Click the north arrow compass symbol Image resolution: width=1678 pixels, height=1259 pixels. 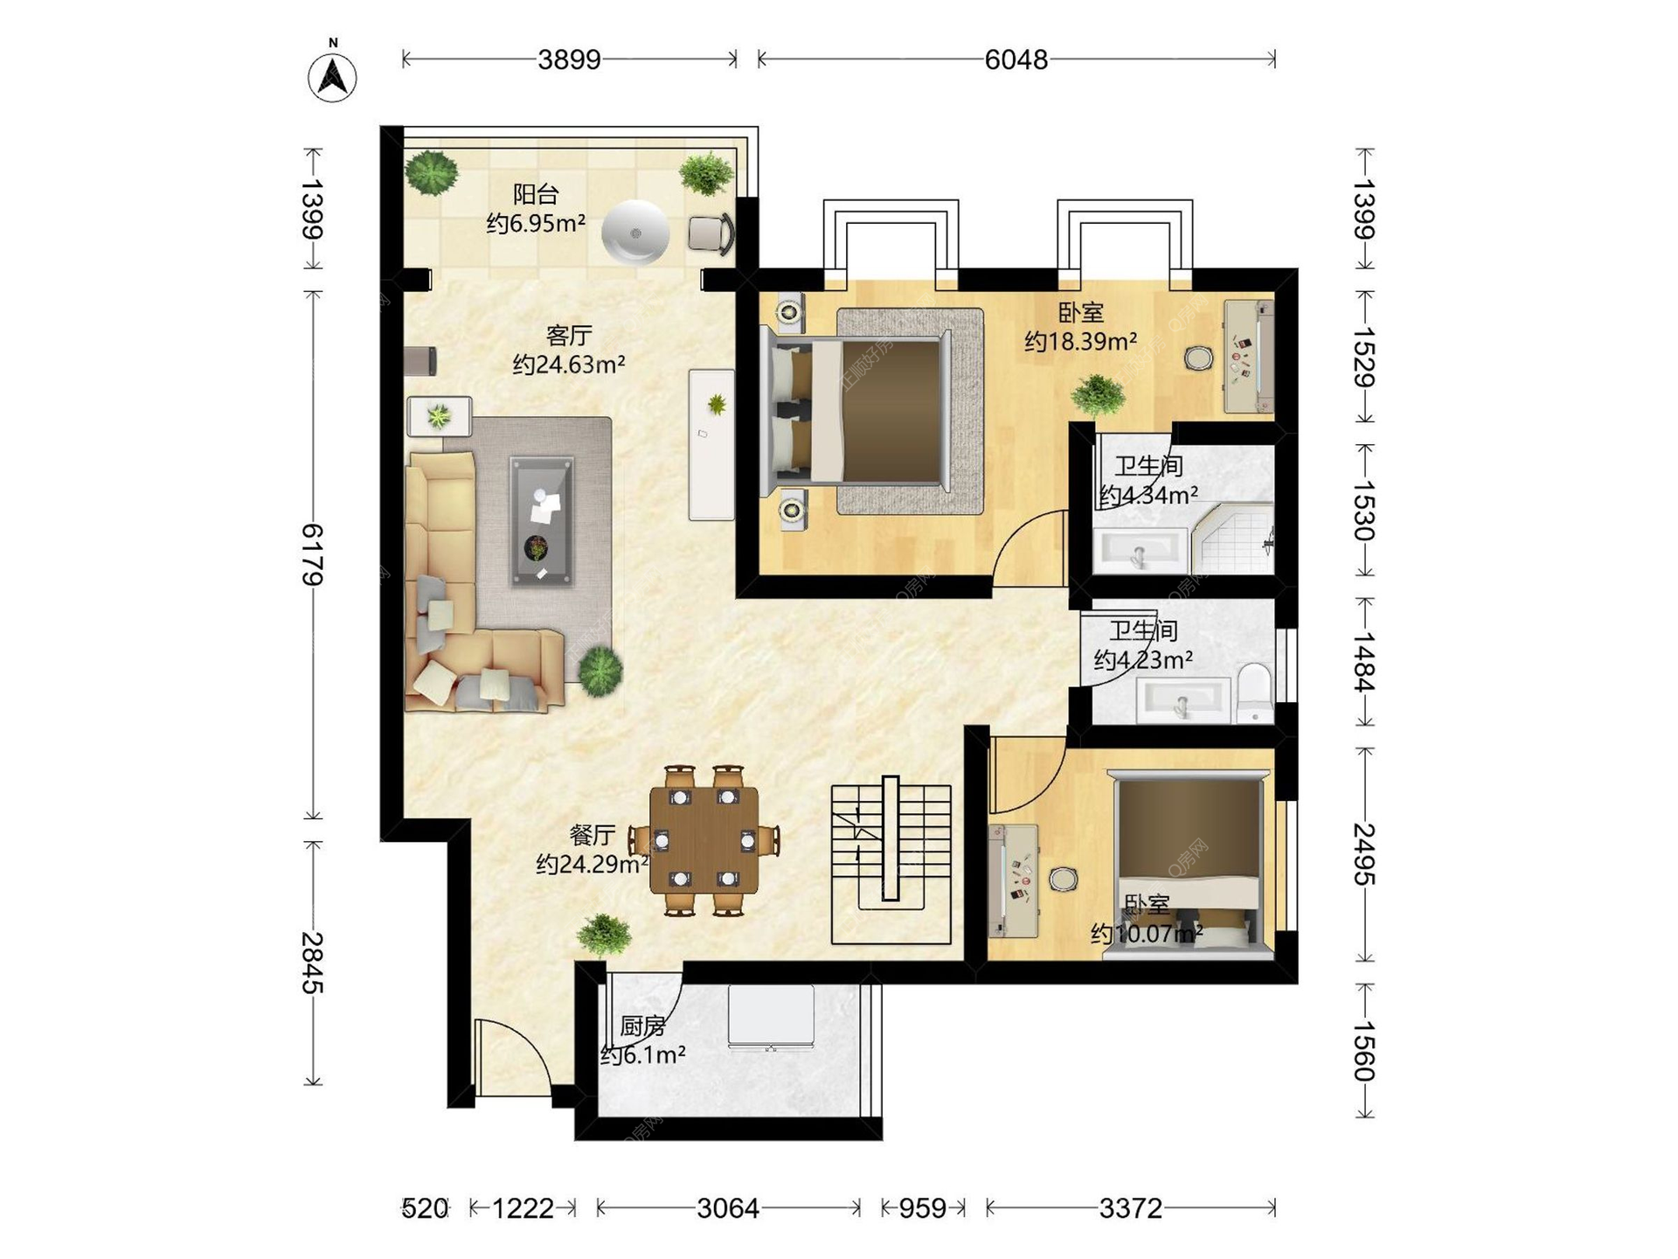coord(332,76)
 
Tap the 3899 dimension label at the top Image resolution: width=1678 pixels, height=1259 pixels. coord(569,59)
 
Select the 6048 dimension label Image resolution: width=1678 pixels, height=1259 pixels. coord(1016,59)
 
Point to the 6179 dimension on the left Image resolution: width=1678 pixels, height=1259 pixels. coord(312,554)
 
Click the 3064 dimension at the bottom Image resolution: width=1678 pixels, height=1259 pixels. coord(728,1208)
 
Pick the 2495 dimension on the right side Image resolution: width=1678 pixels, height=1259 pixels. coord(1364,854)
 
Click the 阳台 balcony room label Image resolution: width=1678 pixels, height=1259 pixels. coord(535,193)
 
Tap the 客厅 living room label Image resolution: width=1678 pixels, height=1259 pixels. coord(569,335)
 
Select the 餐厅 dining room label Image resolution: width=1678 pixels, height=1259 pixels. coord(592,835)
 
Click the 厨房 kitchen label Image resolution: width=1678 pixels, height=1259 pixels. coord(642,1026)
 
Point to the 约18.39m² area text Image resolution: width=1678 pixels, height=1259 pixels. coord(1080,341)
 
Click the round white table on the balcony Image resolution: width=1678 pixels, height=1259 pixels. coord(635,232)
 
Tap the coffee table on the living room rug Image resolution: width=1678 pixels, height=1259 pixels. coord(542,521)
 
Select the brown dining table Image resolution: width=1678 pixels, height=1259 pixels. coord(704,840)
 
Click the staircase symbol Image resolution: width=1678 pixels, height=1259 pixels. coord(891,860)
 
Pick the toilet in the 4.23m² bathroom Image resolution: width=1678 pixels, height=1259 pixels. coord(1255,693)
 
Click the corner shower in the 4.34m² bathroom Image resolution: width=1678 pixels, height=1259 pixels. coord(1232,539)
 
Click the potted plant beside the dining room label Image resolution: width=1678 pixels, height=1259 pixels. coord(603,934)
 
